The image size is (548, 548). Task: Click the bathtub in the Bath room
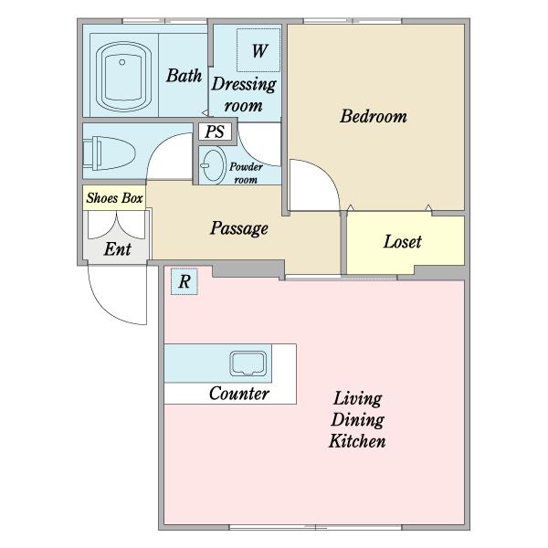coord(123,76)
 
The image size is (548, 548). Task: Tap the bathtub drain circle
coord(122,62)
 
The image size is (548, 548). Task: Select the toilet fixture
coord(109,153)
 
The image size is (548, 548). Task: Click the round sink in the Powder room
coord(213,165)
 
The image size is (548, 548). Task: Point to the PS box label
coord(215,132)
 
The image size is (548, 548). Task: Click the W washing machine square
coord(258,50)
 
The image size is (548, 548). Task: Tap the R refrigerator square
coord(184,281)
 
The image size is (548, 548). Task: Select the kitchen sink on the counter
coord(248,364)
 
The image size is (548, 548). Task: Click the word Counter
coord(239,394)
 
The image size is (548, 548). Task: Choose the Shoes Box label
coord(114,198)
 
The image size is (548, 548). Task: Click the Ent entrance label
coord(118,249)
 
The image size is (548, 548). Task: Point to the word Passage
coord(239,228)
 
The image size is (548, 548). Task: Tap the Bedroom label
coord(374,116)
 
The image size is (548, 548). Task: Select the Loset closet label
coord(403,242)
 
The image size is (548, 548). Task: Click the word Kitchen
coord(357,441)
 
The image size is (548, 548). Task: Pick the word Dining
coord(357,420)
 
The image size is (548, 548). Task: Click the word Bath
coord(184,76)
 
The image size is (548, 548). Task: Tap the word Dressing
coord(244,84)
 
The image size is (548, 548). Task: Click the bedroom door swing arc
coord(327,174)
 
